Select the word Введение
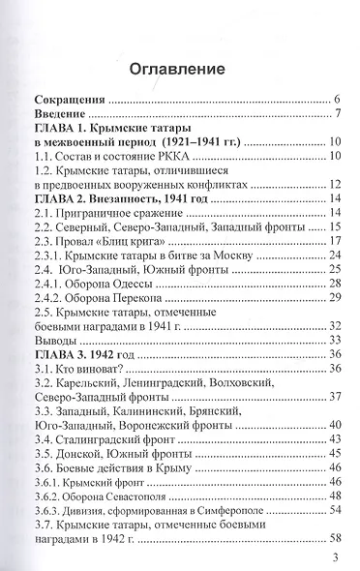pyautogui.click(x=61, y=117)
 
